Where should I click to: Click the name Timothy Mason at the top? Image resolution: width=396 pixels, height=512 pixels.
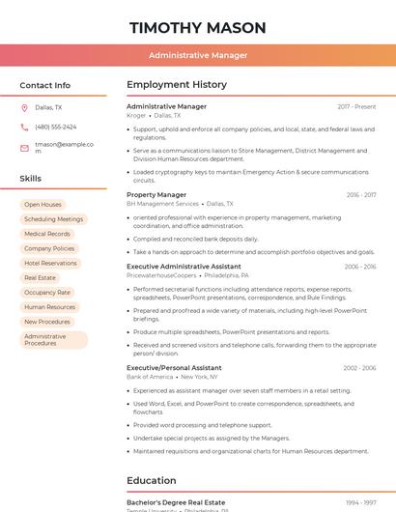[x=198, y=27]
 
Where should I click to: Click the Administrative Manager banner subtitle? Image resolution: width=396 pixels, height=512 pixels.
[x=198, y=56]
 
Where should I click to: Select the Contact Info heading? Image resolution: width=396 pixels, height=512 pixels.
[x=45, y=85]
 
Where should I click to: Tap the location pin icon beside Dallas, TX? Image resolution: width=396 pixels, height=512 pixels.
[x=24, y=108]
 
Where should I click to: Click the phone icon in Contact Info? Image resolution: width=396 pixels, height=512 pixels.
[x=24, y=127]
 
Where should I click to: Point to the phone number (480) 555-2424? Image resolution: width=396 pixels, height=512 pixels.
[x=56, y=127]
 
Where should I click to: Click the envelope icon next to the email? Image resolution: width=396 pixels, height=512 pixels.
[x=24, y=147]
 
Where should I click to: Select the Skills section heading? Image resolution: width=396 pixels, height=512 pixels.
[x=31, y=179]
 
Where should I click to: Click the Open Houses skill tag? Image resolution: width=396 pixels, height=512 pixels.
[x=42, y=205]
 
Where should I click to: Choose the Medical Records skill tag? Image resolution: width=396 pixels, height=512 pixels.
[x=47, y=234]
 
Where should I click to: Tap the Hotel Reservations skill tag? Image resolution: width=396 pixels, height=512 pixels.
[x=50, y=263]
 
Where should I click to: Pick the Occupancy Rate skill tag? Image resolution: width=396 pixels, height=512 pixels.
[x=47, y=292]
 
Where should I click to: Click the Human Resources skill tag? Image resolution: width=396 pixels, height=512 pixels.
[x=49, y=307]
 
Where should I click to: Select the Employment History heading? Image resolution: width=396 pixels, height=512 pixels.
[x=177, y=85]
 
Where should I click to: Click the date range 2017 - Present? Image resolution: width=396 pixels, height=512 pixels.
[x=356, y=106]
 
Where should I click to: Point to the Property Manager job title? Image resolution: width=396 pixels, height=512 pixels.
[x=156, y=195]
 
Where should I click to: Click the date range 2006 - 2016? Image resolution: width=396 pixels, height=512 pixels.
[x=359, y=267]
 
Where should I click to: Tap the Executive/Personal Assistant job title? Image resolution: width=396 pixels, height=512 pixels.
[x=174, y=368]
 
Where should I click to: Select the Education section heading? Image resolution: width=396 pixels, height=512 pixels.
[x=152, y=480]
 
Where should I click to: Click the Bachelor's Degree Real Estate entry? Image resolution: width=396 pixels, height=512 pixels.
[x=176, y=502]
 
